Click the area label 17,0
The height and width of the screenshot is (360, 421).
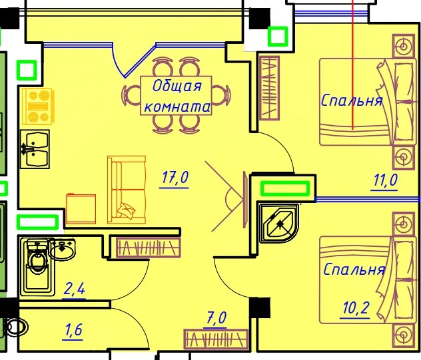175,178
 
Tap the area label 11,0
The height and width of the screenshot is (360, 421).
385,180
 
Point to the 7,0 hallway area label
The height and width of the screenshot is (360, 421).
216,318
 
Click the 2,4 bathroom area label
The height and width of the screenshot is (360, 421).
75,289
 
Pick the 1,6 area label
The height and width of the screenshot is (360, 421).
73,330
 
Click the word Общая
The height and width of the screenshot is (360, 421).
177,87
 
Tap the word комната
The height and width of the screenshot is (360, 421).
177,106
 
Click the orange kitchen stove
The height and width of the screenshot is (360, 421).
38,106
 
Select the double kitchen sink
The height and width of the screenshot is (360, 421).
35,149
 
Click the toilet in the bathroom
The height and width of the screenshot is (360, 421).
37,267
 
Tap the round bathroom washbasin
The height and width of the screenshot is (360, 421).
63,249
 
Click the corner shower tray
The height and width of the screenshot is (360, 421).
278,224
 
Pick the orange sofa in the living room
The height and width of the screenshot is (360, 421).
127,190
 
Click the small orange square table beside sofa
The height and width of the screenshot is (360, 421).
81,208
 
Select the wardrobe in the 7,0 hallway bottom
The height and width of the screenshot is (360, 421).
216,339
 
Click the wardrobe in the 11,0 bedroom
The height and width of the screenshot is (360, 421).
270,89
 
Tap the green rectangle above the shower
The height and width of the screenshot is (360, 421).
285,188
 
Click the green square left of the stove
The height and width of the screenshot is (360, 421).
27,71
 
